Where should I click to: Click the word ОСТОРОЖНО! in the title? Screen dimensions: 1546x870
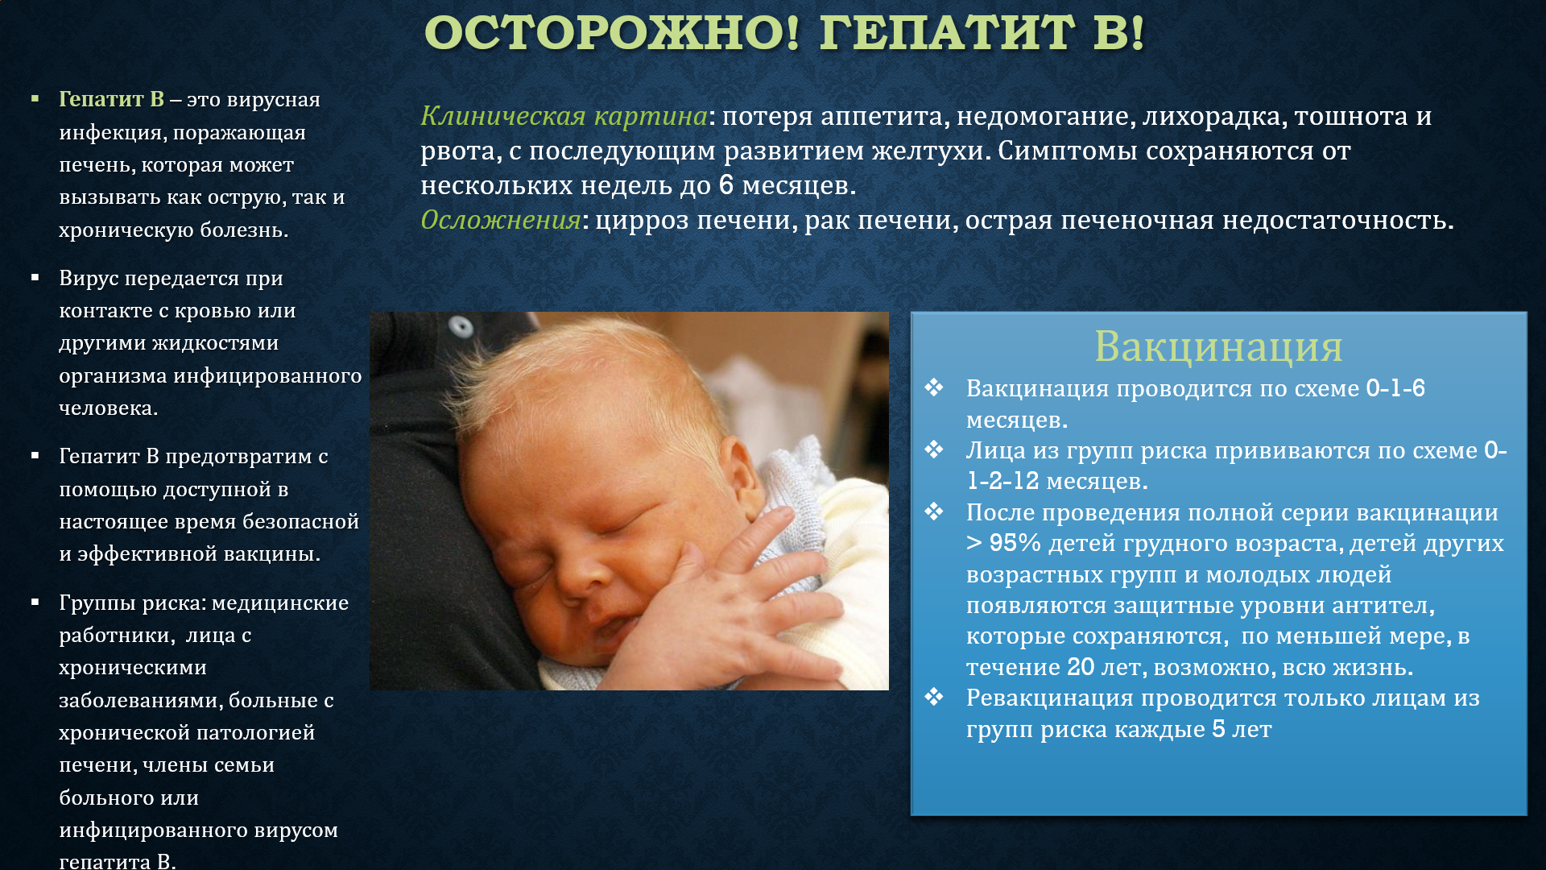(x=613, y=33)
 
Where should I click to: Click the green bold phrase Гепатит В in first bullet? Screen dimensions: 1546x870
(x=111, y=99)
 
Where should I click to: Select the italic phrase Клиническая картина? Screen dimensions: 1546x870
(x=564, y=116)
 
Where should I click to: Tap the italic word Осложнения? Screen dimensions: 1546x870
(x=500, y=220)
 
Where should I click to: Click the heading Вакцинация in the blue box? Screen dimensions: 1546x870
(x=1218, y=346)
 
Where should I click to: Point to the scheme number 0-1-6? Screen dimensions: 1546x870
(x=1395, y=388)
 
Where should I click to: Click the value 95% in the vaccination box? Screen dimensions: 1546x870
(x=1015, y=543)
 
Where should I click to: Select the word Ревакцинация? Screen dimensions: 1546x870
(x=1044, y=698)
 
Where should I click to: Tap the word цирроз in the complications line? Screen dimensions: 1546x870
(x=643, y=221)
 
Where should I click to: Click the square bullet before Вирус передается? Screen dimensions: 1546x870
(x=35, y=278)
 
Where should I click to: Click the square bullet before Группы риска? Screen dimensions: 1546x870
(x=35, y=602)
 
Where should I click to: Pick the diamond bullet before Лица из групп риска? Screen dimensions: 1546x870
(x=934, y=449)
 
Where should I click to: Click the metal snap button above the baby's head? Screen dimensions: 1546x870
(x=461, y=326)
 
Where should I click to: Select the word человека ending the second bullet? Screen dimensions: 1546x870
(x=108, y=408)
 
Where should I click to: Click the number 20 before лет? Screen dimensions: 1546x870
(x=1081, y=667)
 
